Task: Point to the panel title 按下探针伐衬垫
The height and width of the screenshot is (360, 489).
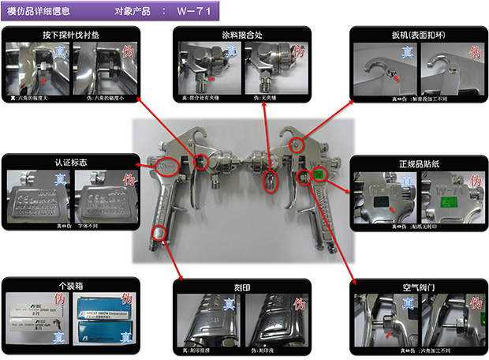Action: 72,35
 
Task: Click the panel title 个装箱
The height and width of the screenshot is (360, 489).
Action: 72,282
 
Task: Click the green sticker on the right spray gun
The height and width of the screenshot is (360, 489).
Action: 319,174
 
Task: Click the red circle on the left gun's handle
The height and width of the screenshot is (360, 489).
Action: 159,232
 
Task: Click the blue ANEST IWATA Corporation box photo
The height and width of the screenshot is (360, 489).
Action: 107,312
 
